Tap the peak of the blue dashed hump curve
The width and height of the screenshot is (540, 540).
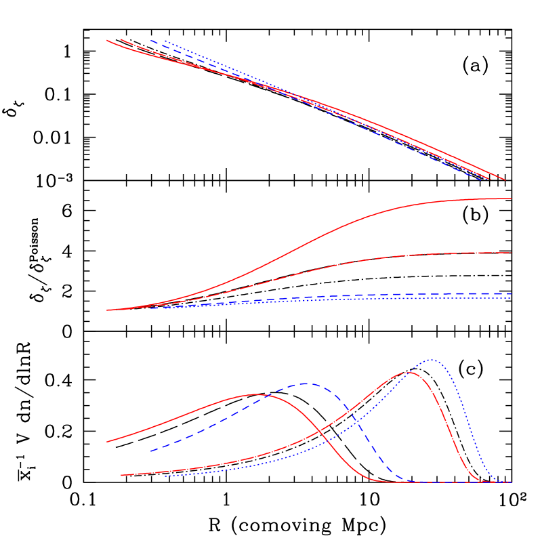[305, 383]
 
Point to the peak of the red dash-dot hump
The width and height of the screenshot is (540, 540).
[408, 372]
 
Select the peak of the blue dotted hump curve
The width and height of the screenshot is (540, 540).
[431, 359]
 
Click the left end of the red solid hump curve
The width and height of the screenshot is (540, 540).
[107, 442]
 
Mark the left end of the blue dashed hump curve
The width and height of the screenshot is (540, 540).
[150, 451]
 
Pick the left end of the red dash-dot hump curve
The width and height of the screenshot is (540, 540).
[121, 475]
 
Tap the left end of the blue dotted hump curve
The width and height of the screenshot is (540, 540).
[165, 475]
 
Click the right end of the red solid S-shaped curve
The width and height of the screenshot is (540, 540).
[511, 199]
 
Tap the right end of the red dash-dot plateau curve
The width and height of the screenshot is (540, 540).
[511, 253]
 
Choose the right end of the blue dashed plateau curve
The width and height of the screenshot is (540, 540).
[511, 293]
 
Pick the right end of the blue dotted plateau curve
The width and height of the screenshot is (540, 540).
[511, 298]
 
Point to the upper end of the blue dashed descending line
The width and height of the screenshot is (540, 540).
[150, 41]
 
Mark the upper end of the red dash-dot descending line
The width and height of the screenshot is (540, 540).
[121, 39]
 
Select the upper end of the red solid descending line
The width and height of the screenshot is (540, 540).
[107, 40]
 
